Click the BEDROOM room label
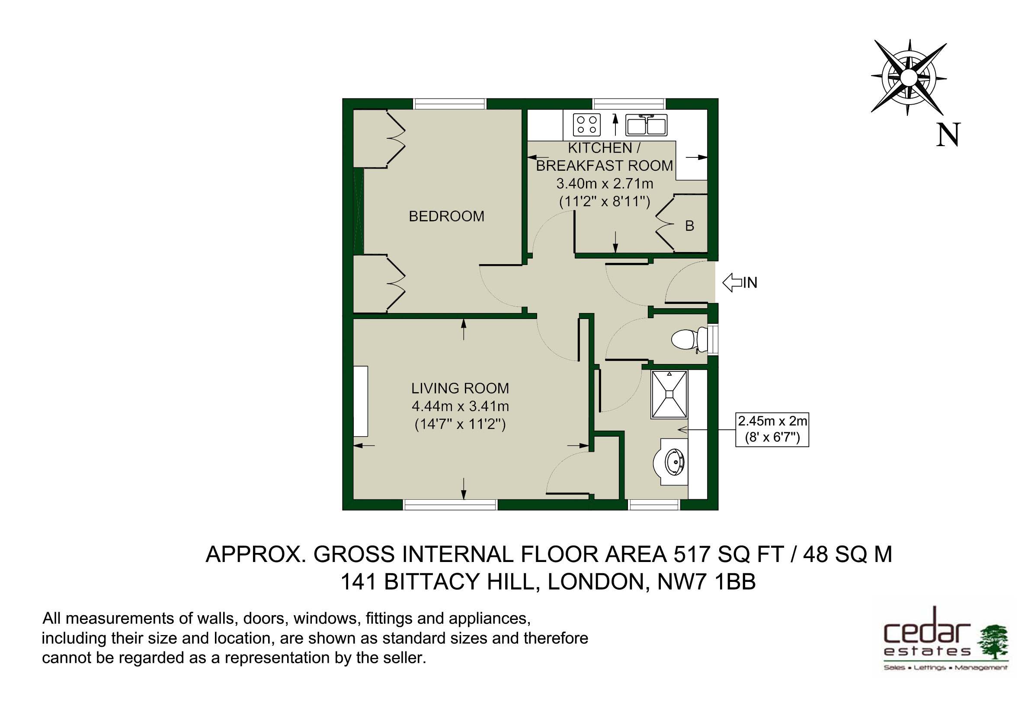pos(446,216)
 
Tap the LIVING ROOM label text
pos(460,388)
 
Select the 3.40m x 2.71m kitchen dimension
pos(605,184)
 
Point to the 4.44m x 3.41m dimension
pos(460,406)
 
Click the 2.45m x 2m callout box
pos(772,429)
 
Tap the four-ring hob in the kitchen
pos(587,125)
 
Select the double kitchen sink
pos(647,125)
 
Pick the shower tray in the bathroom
pos(669,395)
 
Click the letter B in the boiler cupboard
pos(690,225)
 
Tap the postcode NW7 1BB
pos(706,582)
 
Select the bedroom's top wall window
pos(450,104)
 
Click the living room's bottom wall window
pos(450,505)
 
